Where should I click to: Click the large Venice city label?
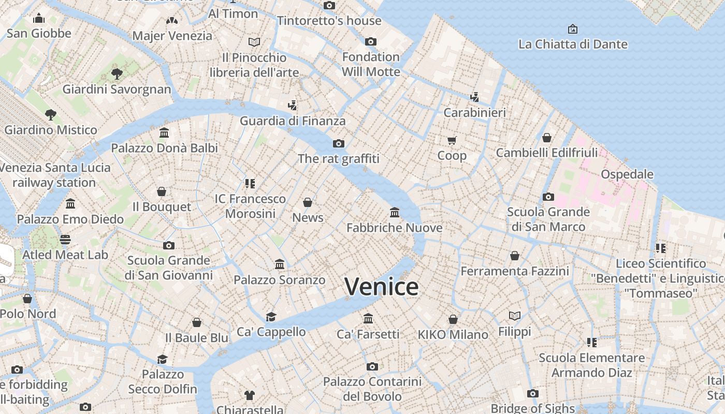click(381, 287)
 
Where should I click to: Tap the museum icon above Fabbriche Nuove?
click(395, 212)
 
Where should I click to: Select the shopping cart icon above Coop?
click(452, 140)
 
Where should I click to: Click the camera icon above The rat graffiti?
click(339, 143)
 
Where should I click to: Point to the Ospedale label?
click(627, 174)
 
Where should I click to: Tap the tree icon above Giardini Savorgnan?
click(117, 73)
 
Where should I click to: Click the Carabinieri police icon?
click(474, 97)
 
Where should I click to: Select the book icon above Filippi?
click(514, 316)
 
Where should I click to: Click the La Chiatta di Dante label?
click(573, 45)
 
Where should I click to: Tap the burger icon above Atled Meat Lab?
click(65, 239)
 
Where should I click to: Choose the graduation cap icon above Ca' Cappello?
click(271, 316)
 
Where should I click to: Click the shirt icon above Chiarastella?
click(250, 395)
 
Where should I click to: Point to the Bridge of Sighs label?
click(532, 408)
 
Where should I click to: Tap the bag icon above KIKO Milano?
click(453, 319)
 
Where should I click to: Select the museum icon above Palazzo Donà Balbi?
click(164, 133)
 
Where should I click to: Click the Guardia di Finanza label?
click(292, 121)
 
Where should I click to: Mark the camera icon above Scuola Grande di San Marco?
click(548, 197)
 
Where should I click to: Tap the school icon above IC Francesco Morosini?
click(250, 183)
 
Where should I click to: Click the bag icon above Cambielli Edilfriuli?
click(547, 138)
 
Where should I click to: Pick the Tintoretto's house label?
click(329, 21)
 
